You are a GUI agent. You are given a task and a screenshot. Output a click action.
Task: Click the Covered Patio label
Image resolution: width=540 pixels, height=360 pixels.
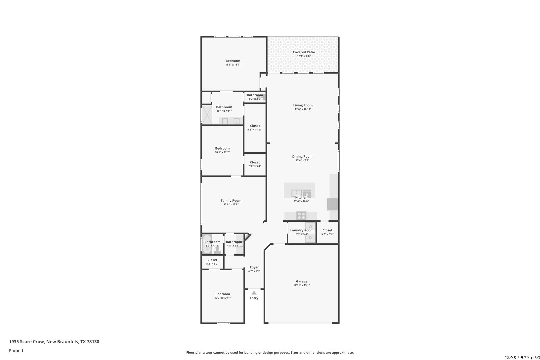(x=304, y=52)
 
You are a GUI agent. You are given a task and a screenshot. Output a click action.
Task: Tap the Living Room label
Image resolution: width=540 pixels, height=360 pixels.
(x=303, y=105)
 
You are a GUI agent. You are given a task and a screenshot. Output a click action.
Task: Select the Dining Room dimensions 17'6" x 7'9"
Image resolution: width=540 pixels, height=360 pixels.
(x=302, y=160)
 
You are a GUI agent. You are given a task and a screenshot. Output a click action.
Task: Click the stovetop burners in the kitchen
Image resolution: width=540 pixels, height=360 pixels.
(x=301, y=216)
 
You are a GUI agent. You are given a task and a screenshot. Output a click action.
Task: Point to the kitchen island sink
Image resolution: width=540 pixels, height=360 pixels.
(x=297, y=193)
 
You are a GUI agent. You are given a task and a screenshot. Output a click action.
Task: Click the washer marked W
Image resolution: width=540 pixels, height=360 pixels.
(x=310, y=226)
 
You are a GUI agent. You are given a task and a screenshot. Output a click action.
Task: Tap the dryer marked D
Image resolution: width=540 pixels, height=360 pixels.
(x=310, y=238)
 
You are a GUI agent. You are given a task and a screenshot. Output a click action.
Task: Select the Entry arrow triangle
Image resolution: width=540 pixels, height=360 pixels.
(x=254, y=293)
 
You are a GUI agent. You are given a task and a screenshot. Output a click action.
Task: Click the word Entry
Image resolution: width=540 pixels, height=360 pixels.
(x=254, y=298)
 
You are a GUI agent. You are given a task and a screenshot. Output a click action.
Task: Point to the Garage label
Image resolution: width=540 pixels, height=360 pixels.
(x=302, y=281)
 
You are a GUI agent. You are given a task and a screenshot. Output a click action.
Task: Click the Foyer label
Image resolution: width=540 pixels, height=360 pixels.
(x=254, y=267)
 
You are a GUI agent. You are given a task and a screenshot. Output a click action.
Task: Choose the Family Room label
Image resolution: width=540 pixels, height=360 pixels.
(x=231, y=201)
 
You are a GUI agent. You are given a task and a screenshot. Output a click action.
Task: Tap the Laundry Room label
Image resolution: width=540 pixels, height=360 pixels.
(x=302, y=230)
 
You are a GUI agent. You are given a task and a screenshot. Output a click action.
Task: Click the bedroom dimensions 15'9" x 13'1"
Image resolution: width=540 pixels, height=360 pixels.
(x=233, y=65)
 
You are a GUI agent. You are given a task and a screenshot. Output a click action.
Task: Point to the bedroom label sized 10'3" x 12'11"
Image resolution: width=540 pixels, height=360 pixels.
(x=223, y=294)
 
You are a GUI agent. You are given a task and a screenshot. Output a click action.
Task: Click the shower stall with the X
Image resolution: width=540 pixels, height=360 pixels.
(x=207, y=115)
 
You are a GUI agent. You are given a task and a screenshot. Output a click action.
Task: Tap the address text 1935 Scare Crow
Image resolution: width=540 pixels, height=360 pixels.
(x=27, y=342)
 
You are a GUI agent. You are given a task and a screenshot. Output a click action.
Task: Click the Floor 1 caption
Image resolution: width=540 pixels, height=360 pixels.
(x=16, y=351)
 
